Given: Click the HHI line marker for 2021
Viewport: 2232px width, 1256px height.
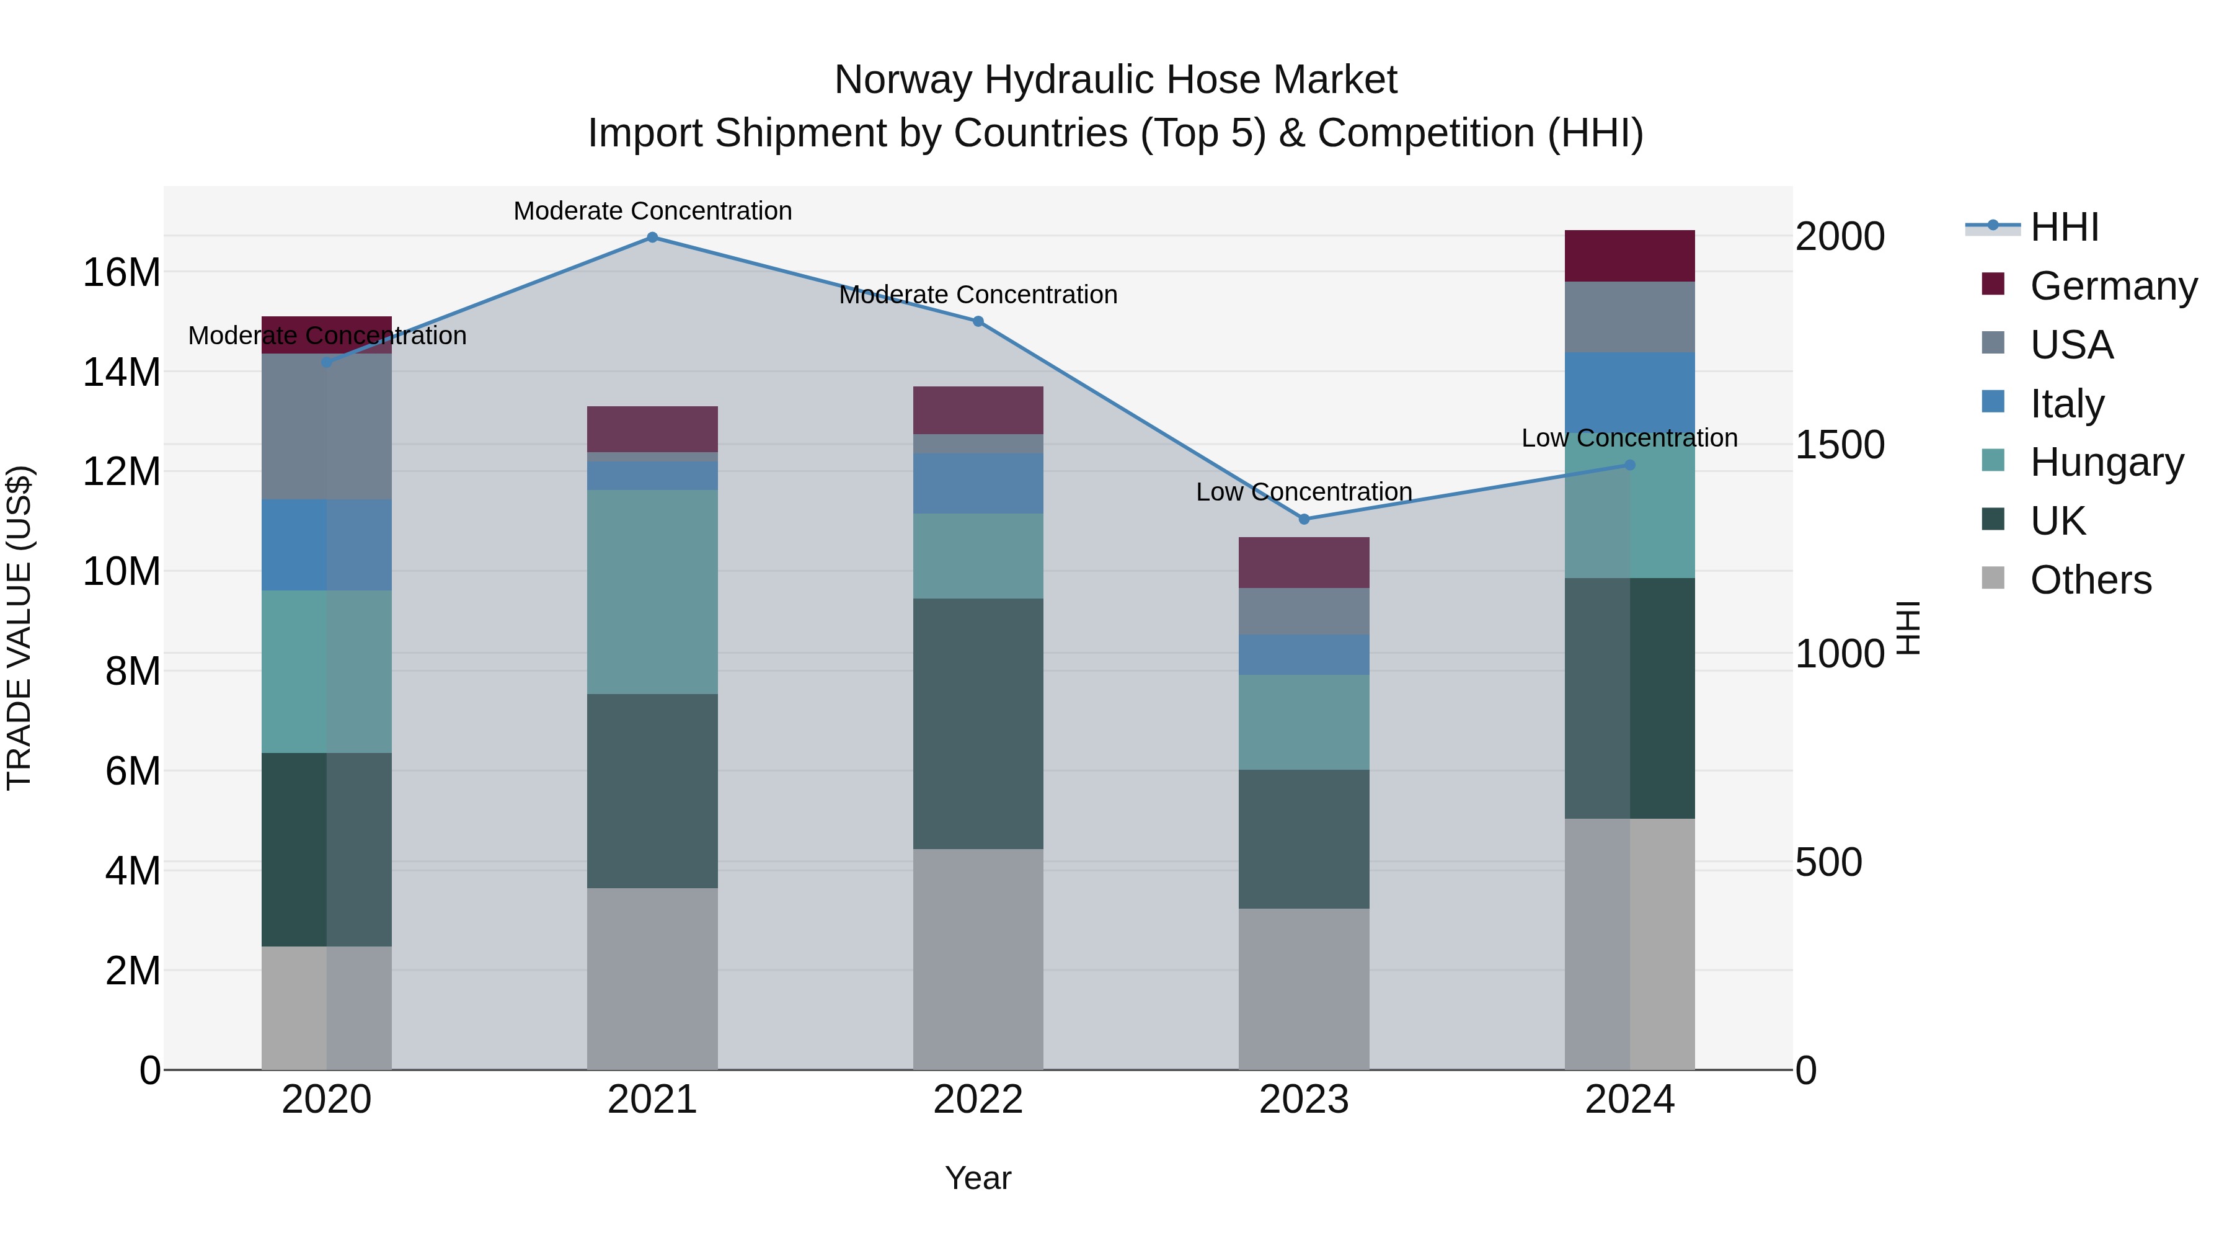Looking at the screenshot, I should pos(652,238).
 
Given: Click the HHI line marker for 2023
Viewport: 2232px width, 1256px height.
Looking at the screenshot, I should pos(1304,519).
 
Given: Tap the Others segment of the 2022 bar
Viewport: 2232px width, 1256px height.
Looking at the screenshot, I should pos(978,959).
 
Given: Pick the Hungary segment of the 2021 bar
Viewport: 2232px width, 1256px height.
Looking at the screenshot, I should pos(652,592).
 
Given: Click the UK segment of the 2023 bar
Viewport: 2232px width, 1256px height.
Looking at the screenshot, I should pos(1304,839).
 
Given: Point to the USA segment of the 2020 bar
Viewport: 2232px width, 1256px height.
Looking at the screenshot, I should pos(327,427).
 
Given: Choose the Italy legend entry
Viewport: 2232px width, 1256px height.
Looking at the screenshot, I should pos(2066,404).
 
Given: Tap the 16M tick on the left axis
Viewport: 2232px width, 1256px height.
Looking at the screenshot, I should pos(122,273).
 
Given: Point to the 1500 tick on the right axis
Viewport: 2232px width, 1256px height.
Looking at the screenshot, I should pos(1839,445).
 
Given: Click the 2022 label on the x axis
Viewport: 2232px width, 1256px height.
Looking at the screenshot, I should pos(978,1100).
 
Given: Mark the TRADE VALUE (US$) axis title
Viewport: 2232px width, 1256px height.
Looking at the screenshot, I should pos(19,628).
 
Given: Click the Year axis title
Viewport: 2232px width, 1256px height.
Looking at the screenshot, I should pos(978,1178).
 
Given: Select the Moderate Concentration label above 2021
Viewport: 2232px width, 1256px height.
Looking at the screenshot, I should pos(652,211).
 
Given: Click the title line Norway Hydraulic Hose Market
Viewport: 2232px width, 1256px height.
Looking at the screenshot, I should pos(1115,80).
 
